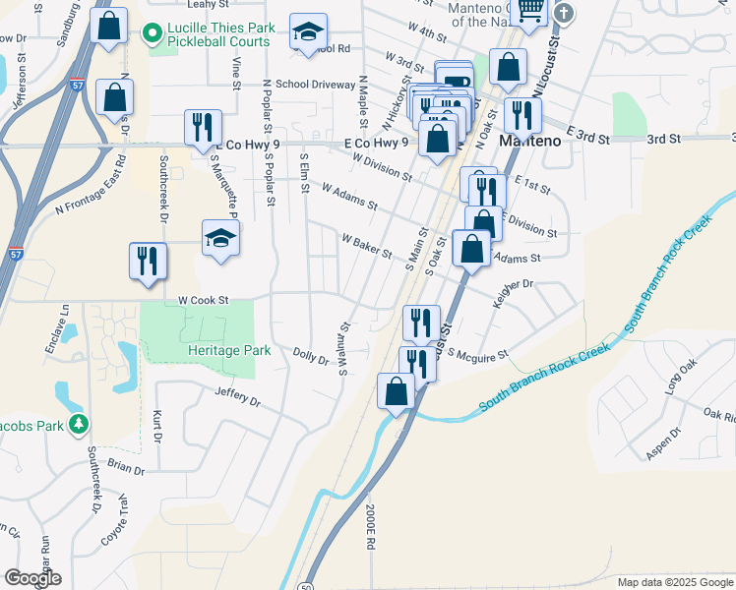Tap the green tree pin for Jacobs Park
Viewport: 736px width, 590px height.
point(78,425)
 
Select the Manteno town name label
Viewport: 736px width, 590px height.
point(530,140)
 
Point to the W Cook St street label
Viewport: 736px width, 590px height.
point(203,300)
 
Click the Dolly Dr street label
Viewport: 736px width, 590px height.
point(311,356)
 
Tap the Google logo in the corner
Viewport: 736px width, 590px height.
point(32,578)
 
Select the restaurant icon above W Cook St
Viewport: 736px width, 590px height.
point(148,261)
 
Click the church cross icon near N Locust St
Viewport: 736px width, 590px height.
point(563,13)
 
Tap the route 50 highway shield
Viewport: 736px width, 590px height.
point(303,585)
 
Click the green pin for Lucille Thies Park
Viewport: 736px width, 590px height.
point(153,35)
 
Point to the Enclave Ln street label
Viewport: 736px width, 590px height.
point(65,330)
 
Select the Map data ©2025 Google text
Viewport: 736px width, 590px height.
point(675,582)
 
